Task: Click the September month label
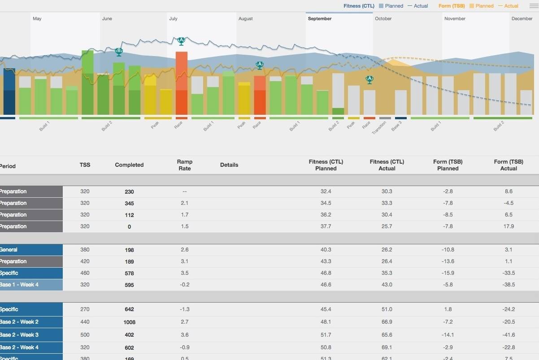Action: (320, 19)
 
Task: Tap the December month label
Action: (522, 19)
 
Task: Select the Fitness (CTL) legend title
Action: (359, 6)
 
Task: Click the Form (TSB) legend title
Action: (451, 6)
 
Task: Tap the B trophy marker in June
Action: (118, 52)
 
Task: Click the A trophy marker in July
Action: (181, 41)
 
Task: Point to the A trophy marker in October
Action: (369, 79)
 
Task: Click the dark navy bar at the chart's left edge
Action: (9, 91)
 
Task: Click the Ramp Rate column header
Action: (184, 165)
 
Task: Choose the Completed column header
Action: (129, 165)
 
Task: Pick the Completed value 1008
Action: (129, 322)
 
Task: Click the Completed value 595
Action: (129, 285)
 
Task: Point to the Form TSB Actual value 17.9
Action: (509, 226)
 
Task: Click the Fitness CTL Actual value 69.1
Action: (387, 347)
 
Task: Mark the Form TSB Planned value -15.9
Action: (448, 273)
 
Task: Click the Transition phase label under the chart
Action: (379, 128)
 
